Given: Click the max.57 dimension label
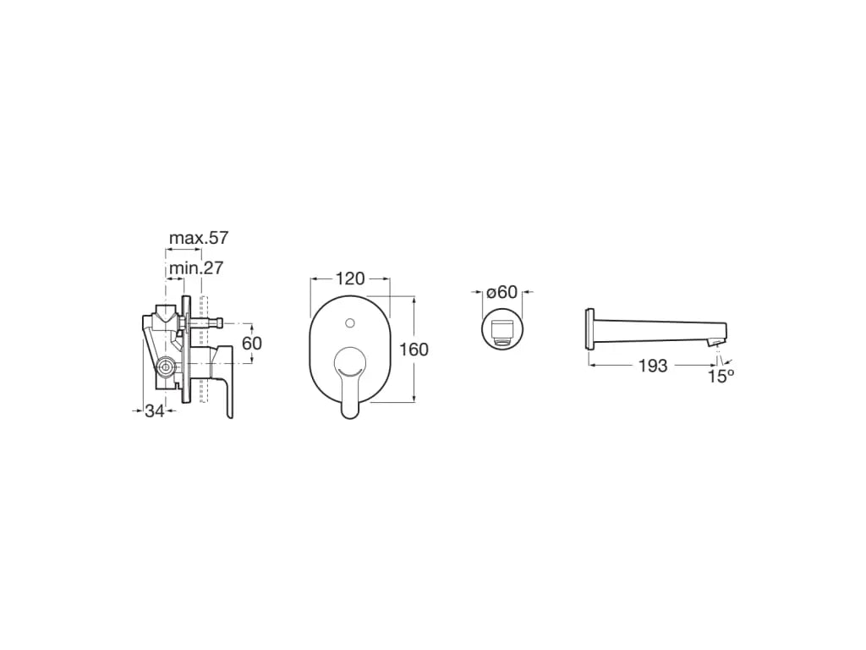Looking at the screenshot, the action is point(198,238).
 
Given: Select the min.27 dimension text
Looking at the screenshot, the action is point(196,268).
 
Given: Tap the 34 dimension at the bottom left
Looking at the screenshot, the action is point(155,410).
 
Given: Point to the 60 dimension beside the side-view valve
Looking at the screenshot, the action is point(252,344).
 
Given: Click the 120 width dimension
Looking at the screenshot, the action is point(350,279).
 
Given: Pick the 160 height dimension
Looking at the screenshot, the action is point(414,350).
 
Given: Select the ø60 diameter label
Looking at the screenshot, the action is point(502,291).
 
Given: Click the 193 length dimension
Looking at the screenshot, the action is point(653,366).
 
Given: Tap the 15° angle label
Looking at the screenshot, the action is point(721,377).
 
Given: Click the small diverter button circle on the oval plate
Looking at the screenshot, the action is point(349,322).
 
